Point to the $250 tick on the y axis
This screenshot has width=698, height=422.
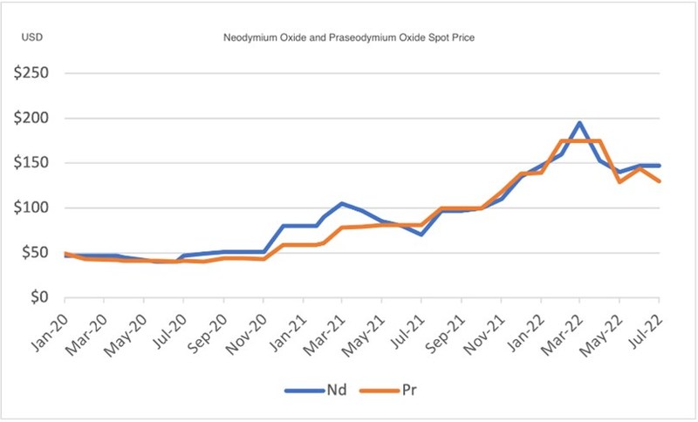coord(30,72)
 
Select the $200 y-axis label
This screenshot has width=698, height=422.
coord(30,118)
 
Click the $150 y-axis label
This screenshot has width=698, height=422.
coord(30,163)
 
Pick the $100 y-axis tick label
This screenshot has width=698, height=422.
coord(30,208)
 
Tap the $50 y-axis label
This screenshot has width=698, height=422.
coord(33,253)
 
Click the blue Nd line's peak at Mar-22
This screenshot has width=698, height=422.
coord(579,123)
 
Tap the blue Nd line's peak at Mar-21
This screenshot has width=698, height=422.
coord(343,203)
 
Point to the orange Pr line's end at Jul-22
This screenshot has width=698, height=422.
coord(658,181)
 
